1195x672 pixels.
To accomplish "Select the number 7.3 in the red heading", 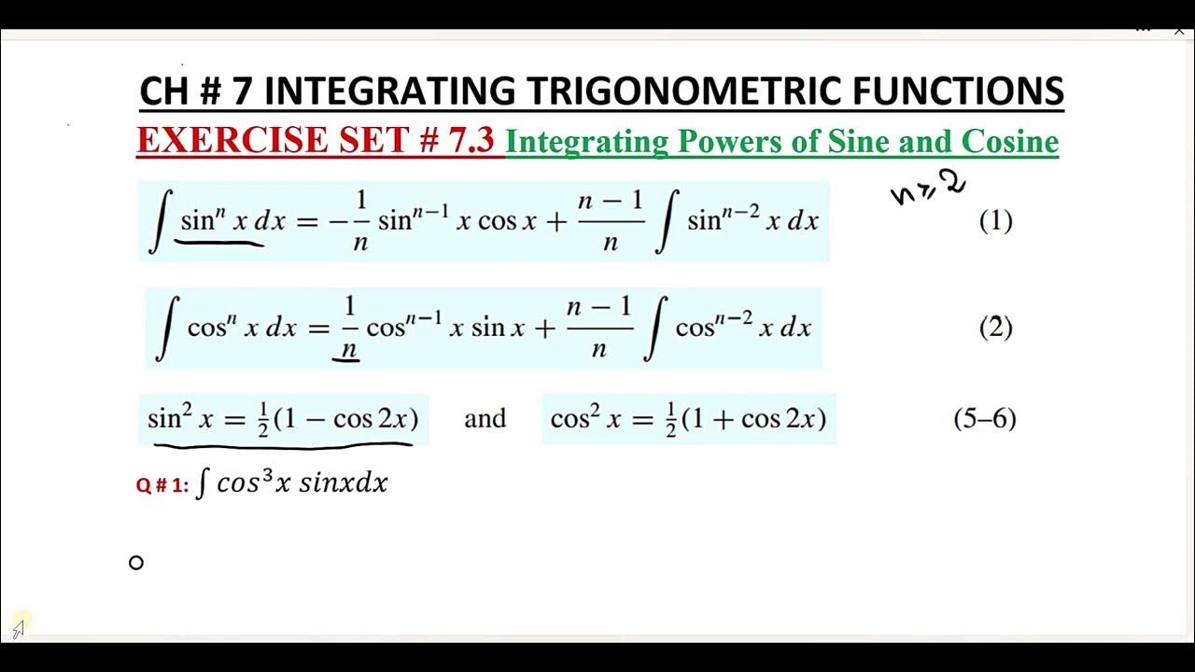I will coord(467,140).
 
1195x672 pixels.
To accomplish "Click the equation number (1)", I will coord(995,221).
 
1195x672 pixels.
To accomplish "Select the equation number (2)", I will coord(995,328).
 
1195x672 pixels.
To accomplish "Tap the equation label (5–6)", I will coord(984,418).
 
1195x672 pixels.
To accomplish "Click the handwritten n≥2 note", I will coord(927,188).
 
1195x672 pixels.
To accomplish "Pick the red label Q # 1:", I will coord(162,485).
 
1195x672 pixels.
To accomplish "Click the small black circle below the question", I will coord(136,562).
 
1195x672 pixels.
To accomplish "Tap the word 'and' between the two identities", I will coord(485,418).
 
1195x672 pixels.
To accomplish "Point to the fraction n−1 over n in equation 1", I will coord(611,223).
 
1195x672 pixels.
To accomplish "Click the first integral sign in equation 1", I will coord(160,221).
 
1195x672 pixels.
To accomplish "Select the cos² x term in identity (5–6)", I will coord(585,418).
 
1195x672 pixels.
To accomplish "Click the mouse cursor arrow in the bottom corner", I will coord(19,629).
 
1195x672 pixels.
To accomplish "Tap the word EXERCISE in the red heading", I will coord(243,140).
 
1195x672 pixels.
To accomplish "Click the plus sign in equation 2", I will coord(544,328).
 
